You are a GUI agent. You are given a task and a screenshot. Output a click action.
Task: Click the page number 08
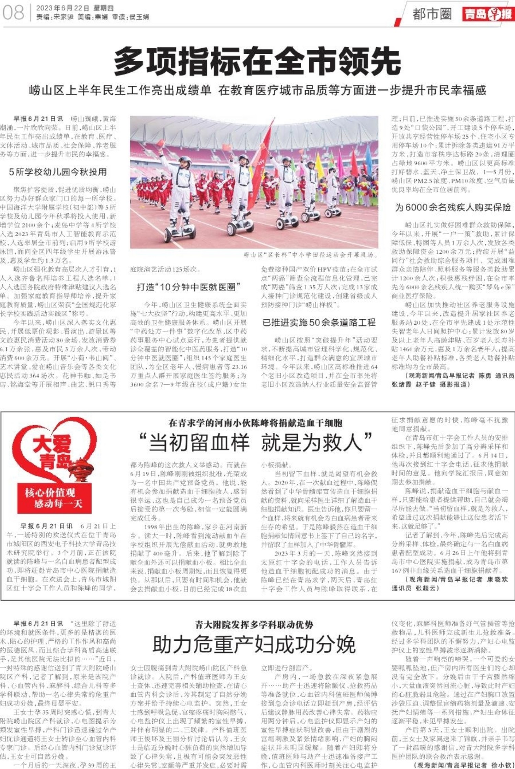[x=14, y=13]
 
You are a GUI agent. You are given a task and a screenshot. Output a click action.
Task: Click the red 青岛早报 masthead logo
[x=488, y=14]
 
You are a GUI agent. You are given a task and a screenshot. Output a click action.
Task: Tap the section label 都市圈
[x=432, y=14]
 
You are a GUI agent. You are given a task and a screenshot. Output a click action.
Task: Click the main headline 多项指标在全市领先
[x=257, y=61]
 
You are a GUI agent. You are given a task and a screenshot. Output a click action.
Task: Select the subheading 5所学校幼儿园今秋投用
[x=58, y=172]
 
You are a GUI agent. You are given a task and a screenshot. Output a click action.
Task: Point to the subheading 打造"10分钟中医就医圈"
[x=188, y=287]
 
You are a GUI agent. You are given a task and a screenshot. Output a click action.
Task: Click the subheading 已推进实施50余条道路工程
[x=319, y=323]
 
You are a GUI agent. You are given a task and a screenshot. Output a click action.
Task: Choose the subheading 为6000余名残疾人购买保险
[x=453, y=207]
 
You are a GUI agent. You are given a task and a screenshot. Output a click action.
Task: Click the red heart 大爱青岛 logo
[x=55, y=453]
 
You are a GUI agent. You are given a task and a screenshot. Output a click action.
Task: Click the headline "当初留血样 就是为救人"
[x=255, y=443]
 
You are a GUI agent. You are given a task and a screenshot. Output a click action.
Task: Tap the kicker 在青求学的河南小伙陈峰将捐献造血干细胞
[x=255, y=423]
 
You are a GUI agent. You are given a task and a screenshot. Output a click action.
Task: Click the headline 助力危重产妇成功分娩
[x=254, y=644]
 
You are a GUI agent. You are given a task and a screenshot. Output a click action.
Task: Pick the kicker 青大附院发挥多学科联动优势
[x=254, y=624]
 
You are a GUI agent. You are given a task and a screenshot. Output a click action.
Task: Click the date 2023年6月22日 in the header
[x=63, y=8]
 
